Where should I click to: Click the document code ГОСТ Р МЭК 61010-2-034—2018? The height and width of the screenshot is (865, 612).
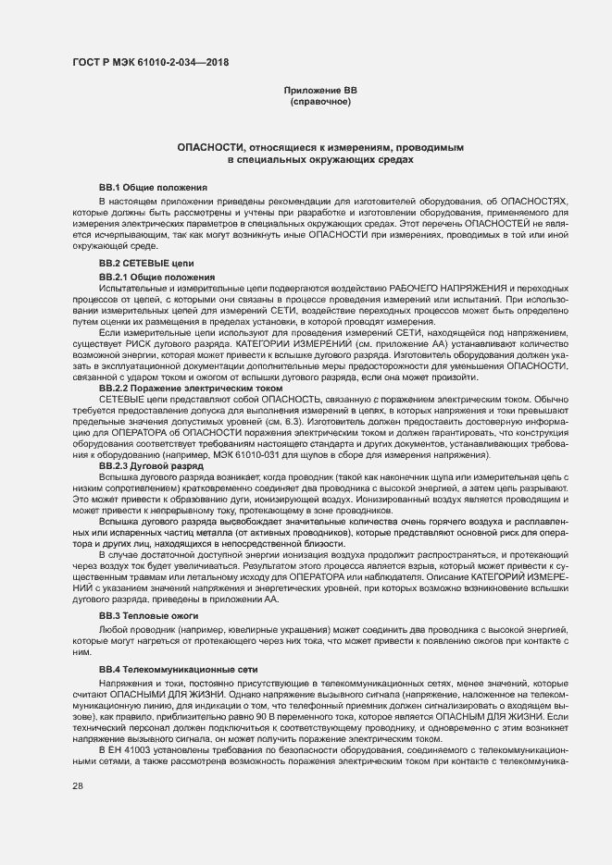point(149,63)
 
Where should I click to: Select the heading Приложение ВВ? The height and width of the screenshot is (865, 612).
point(320,90)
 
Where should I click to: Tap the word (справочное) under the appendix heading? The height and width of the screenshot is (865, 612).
point(320,101)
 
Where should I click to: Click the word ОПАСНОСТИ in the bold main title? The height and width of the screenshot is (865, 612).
point(217,148)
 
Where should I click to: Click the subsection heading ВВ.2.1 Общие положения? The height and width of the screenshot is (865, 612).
point(156,277)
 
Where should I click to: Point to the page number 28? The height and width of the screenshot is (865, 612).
point(77,785)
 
